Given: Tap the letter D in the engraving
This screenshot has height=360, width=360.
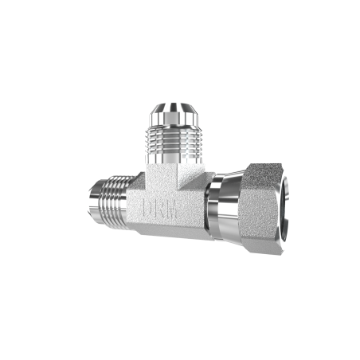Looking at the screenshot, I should pyautogui.click(x=147, y=207).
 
